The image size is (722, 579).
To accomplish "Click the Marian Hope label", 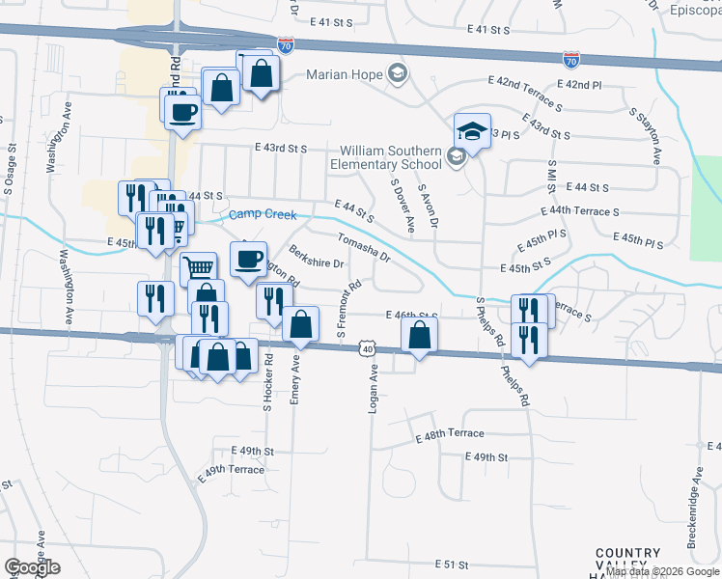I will [345, 74].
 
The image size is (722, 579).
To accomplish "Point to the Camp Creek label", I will [263, 215].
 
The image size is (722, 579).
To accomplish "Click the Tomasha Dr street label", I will [363, 248].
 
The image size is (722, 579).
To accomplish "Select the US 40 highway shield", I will [368, 346].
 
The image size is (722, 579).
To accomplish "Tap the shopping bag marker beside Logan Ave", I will [419, 336].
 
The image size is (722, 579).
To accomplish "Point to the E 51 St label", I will [451, 564].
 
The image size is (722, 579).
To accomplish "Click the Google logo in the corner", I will [32, 567].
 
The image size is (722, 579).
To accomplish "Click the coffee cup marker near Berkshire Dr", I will [248, 259].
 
